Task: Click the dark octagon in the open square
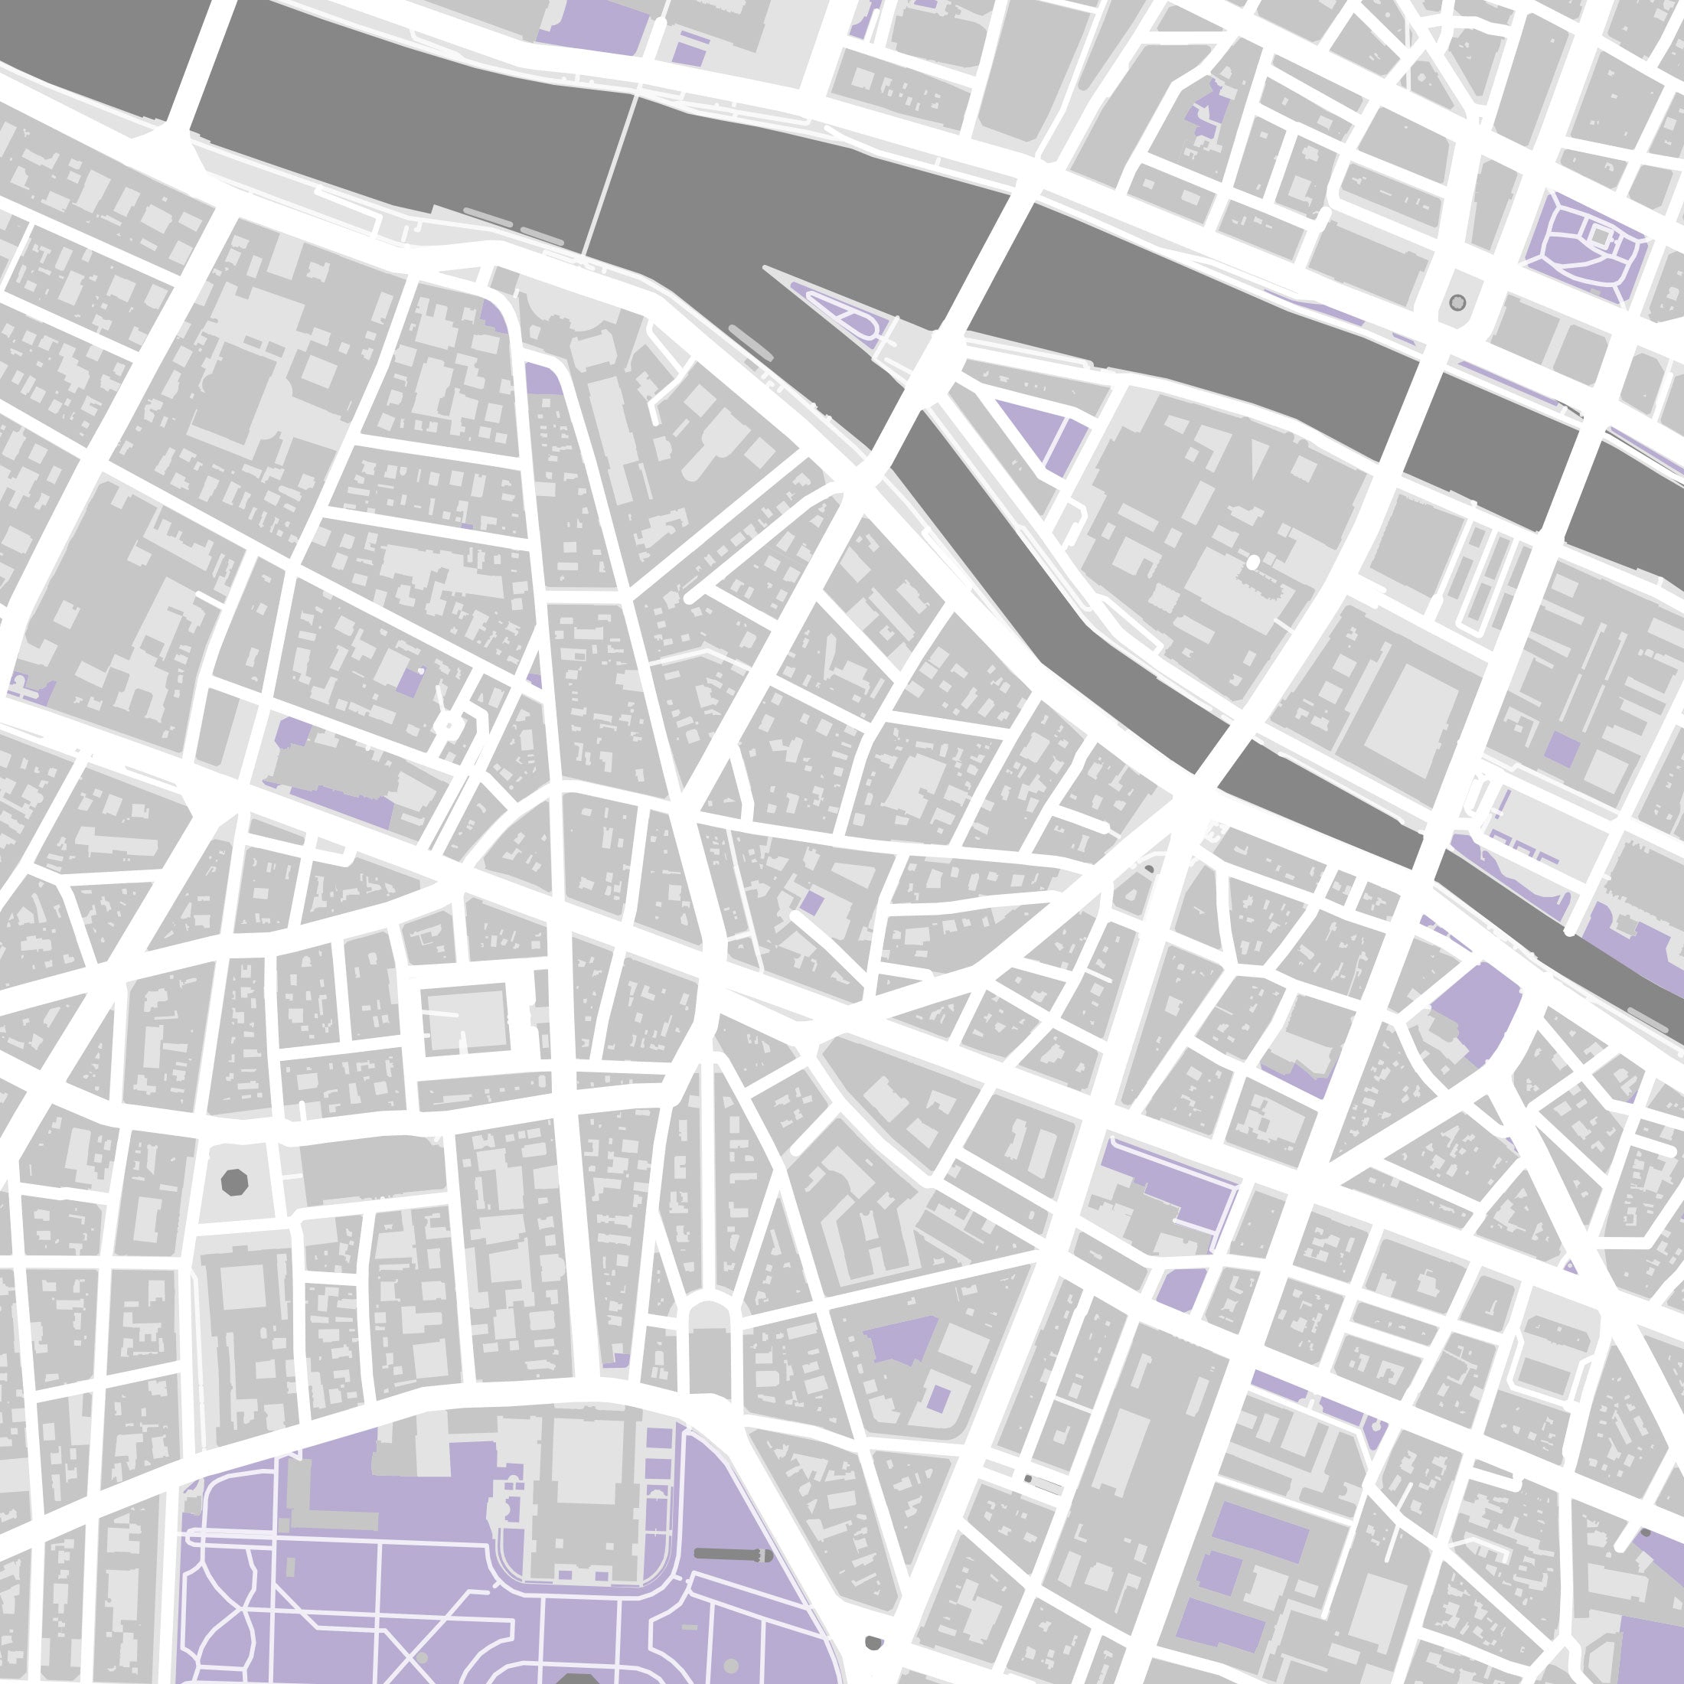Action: (x=234, y=1183)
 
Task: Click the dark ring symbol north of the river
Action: (x=1457, y=302)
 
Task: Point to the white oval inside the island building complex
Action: (x=1252, y=563)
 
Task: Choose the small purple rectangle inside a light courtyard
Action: (x=938, y=1399)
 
